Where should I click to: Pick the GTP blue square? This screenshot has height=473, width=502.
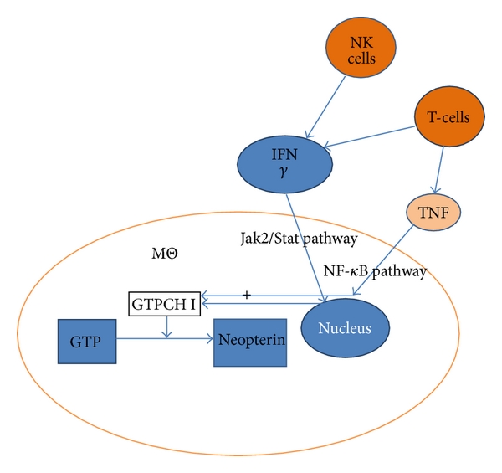86,339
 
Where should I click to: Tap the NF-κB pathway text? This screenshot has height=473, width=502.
375,272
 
